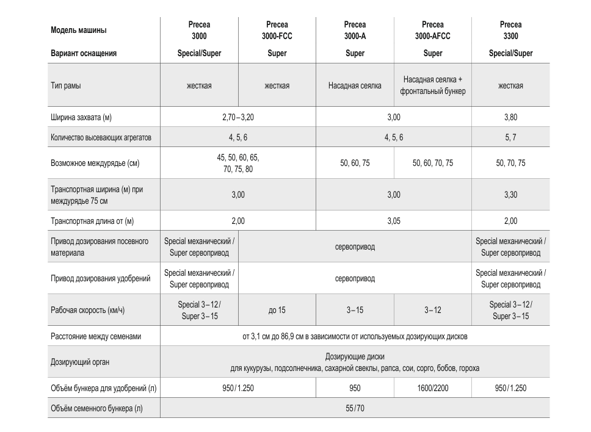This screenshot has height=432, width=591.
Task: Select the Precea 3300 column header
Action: click(x=510, y=31)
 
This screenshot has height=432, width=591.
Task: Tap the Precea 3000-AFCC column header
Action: click(x=432, y=31)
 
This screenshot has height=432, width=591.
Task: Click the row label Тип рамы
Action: click(x=66, y=85)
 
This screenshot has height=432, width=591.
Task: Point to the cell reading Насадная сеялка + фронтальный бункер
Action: click(x=433, y=85)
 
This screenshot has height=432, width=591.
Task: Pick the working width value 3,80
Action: click(x=510, y=117)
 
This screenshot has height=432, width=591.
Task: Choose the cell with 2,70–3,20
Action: click(x=237, y=117)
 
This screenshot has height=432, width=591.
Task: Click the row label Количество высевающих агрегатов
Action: click(x=101, y=138)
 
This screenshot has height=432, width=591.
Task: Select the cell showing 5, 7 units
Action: click(x=510, y=138)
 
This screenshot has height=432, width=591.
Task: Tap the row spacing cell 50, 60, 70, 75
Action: click(x=433, y=163)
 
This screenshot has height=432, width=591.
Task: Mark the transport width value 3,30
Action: click(x=510, y=195)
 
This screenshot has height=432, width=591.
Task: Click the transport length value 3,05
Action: click(x=394, y=221)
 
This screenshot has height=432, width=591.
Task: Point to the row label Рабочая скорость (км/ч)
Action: click(x=87, y=310)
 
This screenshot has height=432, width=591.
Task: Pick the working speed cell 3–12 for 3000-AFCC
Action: click(x=433, y=310)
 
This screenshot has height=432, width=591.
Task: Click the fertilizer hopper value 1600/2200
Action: click(x=433, y=388)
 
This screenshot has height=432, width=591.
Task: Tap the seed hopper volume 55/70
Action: click(x=355, y=408)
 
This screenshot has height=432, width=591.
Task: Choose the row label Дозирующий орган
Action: click(x=80, y=362)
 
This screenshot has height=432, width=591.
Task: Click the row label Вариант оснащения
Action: click(x=84, y=53)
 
